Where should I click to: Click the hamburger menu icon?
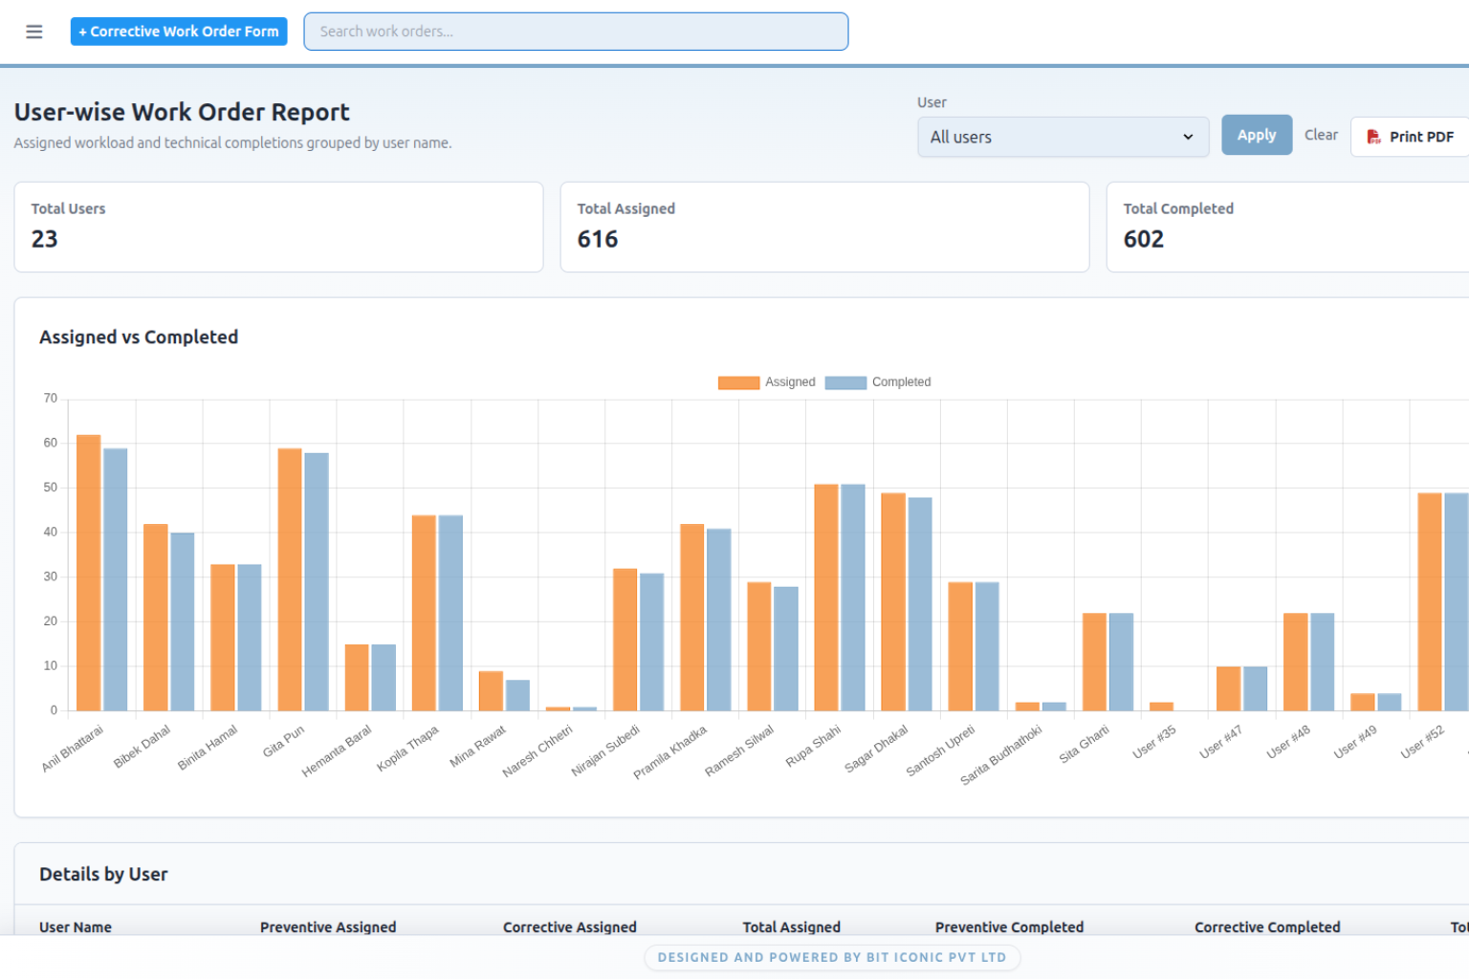click(x=34, y=32)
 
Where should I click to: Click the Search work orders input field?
click(x=576, y=32)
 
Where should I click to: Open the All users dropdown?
click(x=1063, y=137)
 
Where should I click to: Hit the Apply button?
click(x=1257, y=135)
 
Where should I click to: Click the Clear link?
click(x=1321, y=135)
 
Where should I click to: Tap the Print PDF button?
click(x=1410, y=137)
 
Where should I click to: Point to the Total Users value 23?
click(x=45, y=239)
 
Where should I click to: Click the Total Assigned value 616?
click(x=598, y=239)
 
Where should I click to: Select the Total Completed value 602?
click(x=1144, y=239)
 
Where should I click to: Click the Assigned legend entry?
click(x=767, y=382)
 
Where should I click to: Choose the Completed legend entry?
click(x=878, y=382)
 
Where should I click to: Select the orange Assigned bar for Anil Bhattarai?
click(x=89, y=573)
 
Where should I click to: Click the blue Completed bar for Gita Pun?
click(x=317, y=581)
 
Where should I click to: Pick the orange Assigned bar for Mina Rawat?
click(x=491, y=691)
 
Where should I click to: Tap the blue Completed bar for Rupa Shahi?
click(x=852, y=598)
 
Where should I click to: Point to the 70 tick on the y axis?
click(x=51, y=398)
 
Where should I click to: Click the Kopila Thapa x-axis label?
click(x=408, y=749)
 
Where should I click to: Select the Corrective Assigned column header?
click(x=569, y=927)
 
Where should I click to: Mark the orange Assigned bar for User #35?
click(x=1161, y=707)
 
